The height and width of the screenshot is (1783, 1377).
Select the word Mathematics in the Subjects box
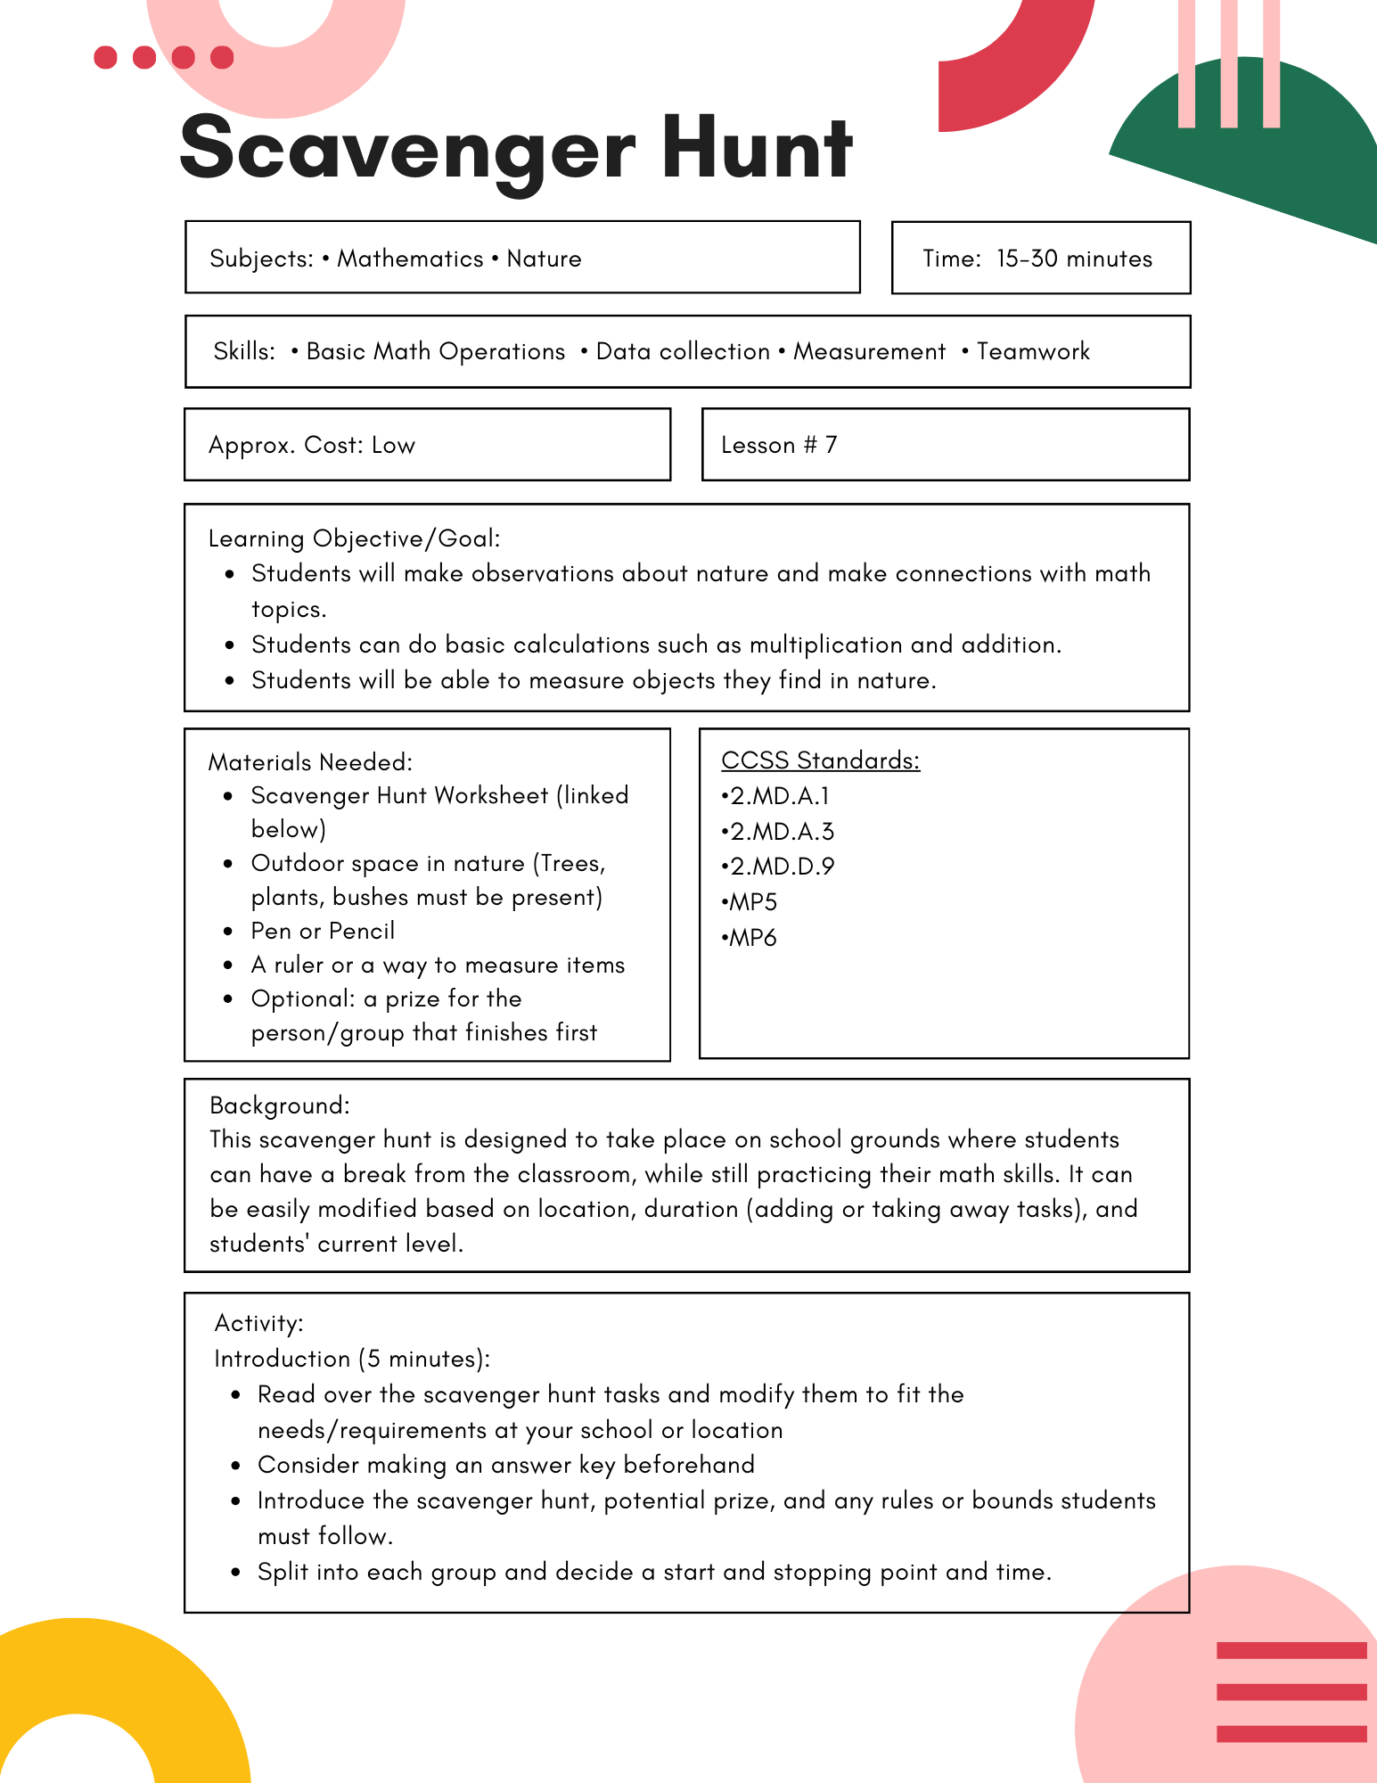[x=410, y=259]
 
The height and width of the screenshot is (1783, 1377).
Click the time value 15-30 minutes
[x=1074, y=259]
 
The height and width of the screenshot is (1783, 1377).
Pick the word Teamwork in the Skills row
[x=1033, y=351]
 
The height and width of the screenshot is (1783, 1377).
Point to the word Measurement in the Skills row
[x=869, y=351]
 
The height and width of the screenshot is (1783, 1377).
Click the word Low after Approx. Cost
[x=393, y=445]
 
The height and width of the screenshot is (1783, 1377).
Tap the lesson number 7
[x=831, y=445]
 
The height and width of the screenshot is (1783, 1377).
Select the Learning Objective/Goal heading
[x=354, y=538]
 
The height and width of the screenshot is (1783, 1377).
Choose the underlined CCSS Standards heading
[x=820, y=760]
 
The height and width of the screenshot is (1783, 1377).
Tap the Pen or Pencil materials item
[x=323, y=931]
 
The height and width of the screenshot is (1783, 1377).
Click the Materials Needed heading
[x=310, y=762]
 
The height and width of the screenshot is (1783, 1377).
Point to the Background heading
[x=279, y=1105]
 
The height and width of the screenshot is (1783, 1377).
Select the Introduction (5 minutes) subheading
[x=352, y=1359]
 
